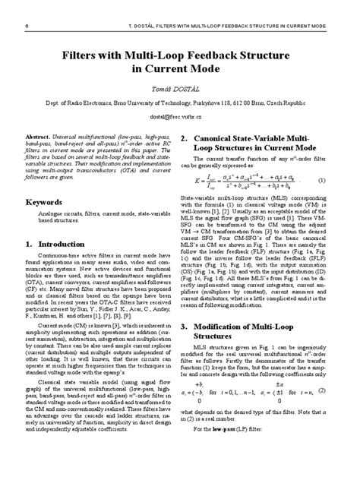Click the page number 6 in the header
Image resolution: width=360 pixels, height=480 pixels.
point(27,24)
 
